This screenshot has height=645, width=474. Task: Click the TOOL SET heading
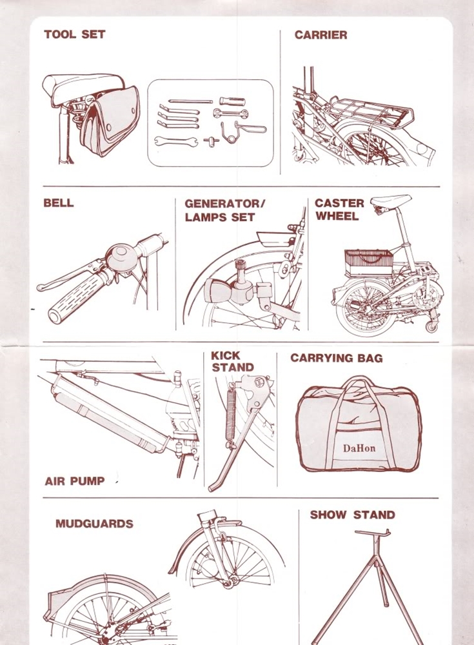click(x=74, y=34)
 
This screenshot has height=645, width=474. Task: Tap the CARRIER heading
click(x=321, y=35)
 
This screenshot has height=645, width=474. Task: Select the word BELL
click(x=59, y=203)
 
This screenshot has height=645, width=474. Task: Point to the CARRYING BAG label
click(x=337, y=358)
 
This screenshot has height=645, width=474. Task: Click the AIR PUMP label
click(x=74, y=481)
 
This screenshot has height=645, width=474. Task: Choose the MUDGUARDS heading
click(x=94, y=524)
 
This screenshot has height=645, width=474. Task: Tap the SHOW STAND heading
click(x=353, y=515)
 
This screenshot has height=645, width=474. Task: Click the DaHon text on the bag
click(x=359, y=448)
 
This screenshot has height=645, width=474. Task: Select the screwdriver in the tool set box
click(x=232, y=101)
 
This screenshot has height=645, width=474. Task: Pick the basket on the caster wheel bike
click(x=368, y=263)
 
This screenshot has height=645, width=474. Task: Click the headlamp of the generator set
click(x=217, y=291)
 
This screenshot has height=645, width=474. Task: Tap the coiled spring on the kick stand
click(x=230, y=415)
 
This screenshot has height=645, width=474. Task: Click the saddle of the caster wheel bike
click(x=390, y=201)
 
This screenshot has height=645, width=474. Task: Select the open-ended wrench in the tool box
click(x=175, y=141)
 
